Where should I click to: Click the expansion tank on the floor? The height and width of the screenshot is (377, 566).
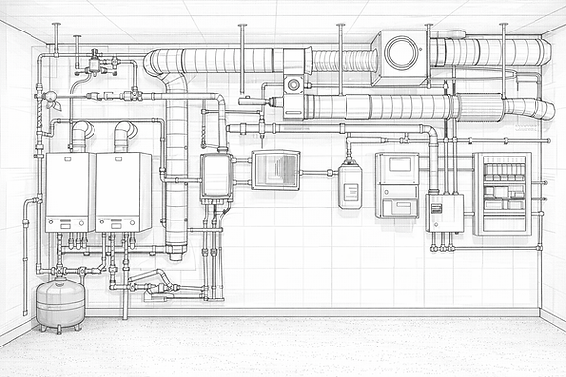click(x=60, y=302)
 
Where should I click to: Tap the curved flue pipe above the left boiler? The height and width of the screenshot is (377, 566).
click(x=81, y=133)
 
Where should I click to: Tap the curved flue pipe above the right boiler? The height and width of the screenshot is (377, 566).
click(x=125, y=133)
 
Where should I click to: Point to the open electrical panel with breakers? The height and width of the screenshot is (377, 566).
click(x=502, y=193)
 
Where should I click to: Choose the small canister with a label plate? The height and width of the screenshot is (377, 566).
click(x=349, y=185)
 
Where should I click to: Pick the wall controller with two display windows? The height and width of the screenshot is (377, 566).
click(x=397, y=184)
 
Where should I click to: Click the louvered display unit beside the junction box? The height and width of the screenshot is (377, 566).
click(x=276, y=169)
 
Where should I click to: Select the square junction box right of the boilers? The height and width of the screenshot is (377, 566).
click(x=216, y=176)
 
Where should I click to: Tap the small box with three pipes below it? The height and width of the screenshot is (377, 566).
click(x=445, y=213)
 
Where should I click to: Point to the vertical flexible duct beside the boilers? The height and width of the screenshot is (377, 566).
click(x=176, y=167)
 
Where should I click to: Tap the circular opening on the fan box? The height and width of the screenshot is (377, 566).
click(x=400, y=54)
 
